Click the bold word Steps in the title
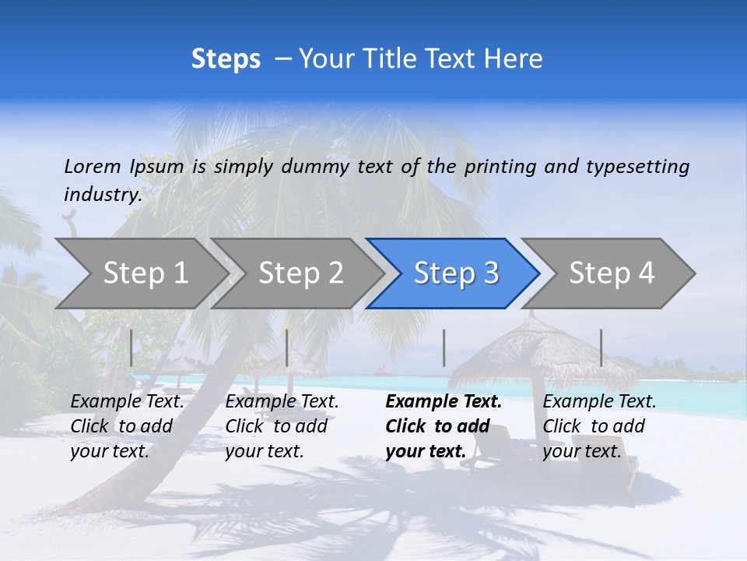226,59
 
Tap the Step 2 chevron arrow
300,273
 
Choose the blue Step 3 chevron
454,273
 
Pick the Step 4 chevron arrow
611,273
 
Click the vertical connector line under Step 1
131,348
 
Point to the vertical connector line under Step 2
287,348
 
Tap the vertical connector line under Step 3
444,348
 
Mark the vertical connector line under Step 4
601,348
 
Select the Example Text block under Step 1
127,426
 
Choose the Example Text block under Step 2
282,426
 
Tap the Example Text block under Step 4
599,426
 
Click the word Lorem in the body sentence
93,166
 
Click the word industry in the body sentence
102,195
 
